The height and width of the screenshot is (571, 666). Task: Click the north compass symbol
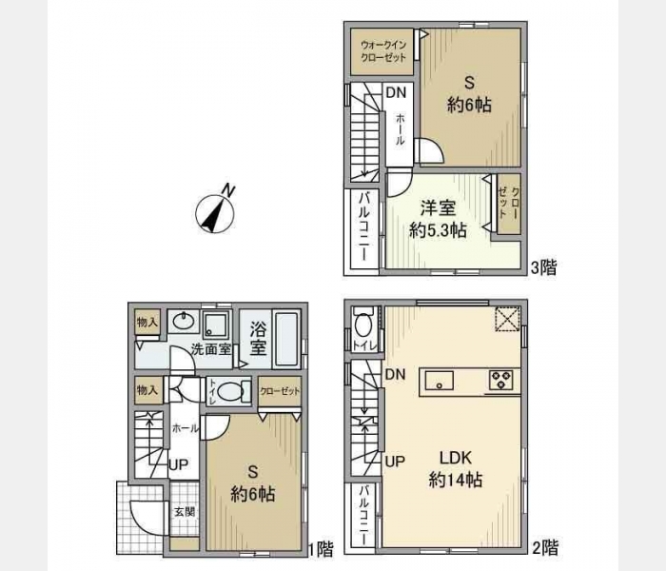coord(215,211)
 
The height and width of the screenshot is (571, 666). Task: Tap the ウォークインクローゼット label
coord(383,51)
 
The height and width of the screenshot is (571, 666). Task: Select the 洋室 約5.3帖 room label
coord(438,219)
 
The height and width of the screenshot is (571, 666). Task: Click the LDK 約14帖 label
coord(456,469)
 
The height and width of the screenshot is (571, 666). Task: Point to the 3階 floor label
coord(544,267)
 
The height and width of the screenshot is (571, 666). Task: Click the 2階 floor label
coord(545,547)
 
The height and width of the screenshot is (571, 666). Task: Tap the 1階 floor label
coord(321,549)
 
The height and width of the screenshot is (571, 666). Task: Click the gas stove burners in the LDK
coord(501,379)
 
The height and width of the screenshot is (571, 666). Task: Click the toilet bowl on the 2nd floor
coord(363,325)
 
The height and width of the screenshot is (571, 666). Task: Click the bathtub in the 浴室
coord(285,339)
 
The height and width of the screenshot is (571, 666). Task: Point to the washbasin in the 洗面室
coord(183,322)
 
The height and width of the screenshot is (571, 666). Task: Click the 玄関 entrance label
coord(185,512)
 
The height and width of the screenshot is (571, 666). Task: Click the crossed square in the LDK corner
coord(507,319)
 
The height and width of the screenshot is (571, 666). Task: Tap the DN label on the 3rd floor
coord(396,92)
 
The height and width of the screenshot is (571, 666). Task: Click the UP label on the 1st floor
coord(179,464)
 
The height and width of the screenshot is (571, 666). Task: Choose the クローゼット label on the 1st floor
coord(280,391)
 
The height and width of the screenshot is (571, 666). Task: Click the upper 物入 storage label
coord(147,323)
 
